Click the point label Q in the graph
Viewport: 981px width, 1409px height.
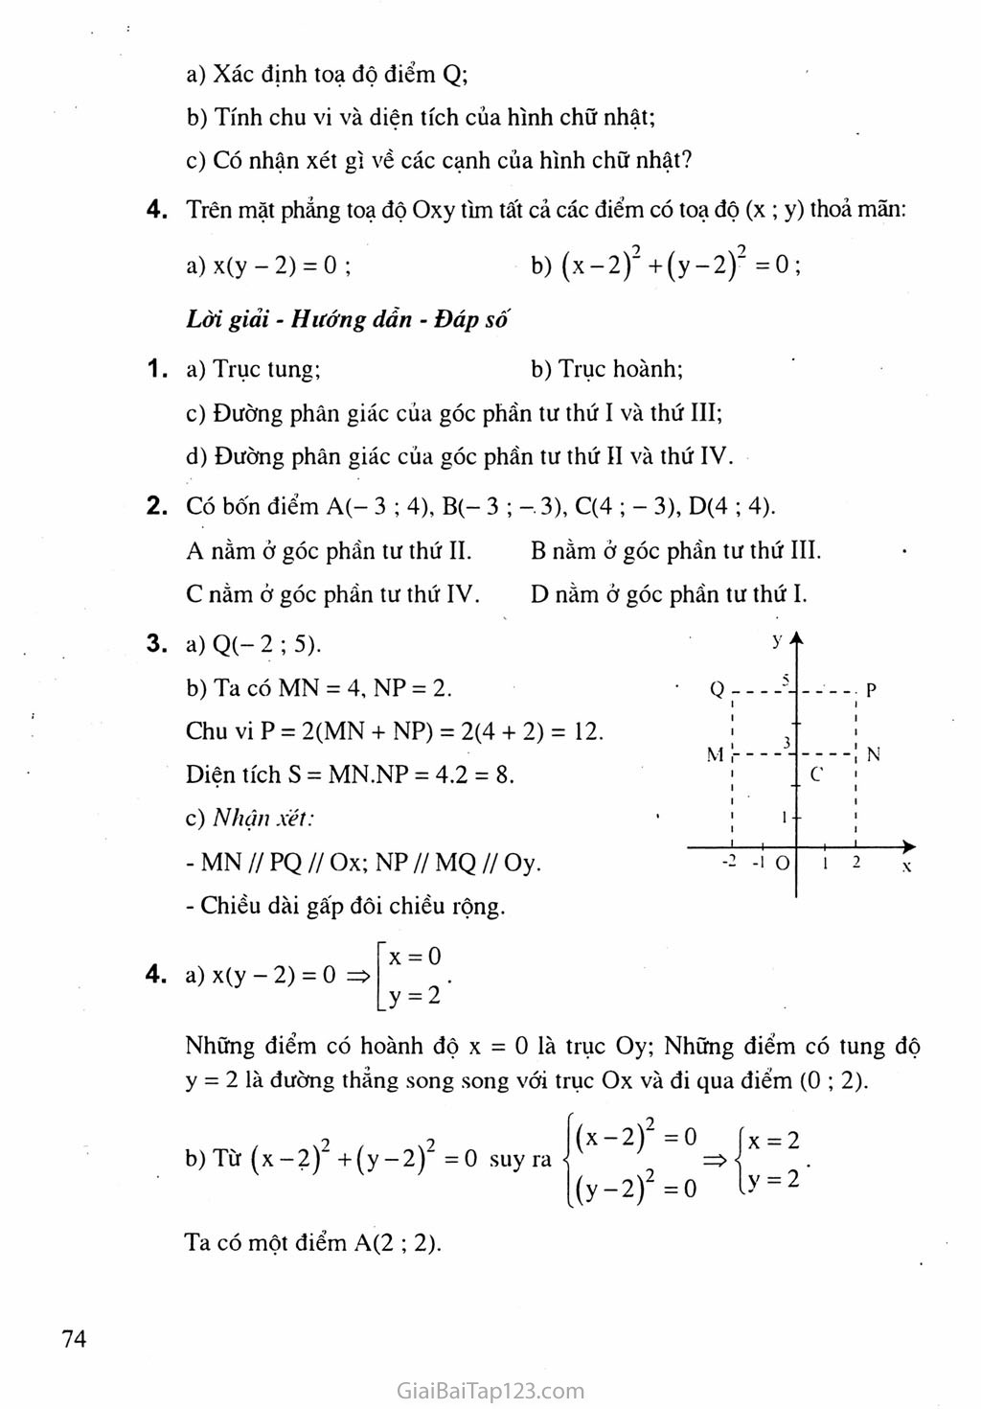717,689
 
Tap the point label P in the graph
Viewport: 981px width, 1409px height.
871,690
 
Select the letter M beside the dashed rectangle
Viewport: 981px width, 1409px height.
715,754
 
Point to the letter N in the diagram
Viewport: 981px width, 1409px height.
873,754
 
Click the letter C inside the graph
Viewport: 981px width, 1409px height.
816,774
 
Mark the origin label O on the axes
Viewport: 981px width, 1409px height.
783,863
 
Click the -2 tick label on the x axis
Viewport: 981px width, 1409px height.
729,861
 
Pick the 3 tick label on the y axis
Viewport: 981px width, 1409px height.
787,743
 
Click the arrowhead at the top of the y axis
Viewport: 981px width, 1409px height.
796,638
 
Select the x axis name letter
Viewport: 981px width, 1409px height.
906,866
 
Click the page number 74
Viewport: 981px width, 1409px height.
74,1339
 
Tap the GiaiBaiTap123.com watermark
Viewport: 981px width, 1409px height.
490,1390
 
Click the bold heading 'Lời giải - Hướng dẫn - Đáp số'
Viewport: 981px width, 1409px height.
347,319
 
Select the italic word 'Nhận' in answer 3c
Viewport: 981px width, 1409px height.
241,819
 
